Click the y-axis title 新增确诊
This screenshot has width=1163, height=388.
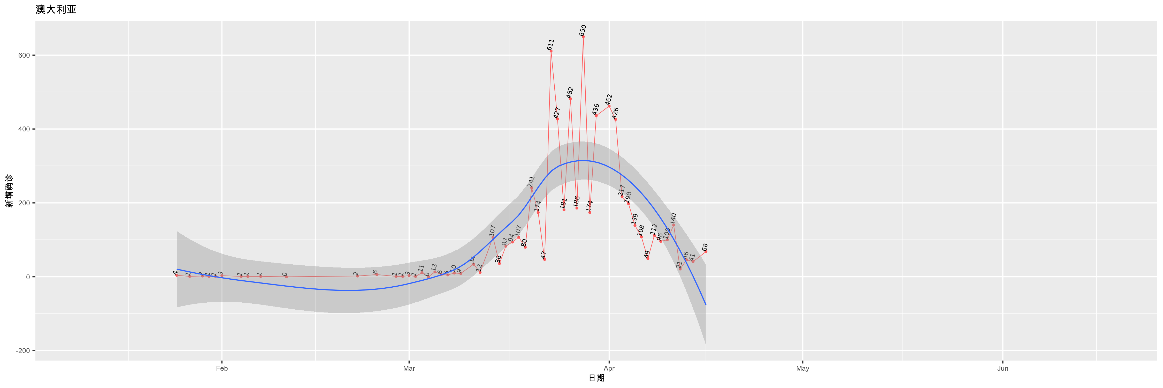tap(9, 191)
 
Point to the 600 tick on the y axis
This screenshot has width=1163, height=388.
tap(24, 56)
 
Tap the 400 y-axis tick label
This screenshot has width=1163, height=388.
tap(24, 129)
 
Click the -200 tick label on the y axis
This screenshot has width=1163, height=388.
tap(22, 351)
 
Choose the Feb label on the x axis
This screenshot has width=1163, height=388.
tap(222, 369)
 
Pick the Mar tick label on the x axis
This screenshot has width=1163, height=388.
tap(409, 369)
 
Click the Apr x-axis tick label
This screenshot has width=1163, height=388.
tap(609, 369)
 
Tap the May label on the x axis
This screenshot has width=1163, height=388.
tap(803, 369)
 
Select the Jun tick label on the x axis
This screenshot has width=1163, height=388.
tap(1003, 369)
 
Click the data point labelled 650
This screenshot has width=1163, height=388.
tap(583, 36)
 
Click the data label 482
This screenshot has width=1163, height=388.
tap(570, 92)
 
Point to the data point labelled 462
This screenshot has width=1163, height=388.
tap(609, 106)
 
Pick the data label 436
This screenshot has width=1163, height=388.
tap(596, 109)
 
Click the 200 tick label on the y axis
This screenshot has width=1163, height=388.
tap(24, 203)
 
